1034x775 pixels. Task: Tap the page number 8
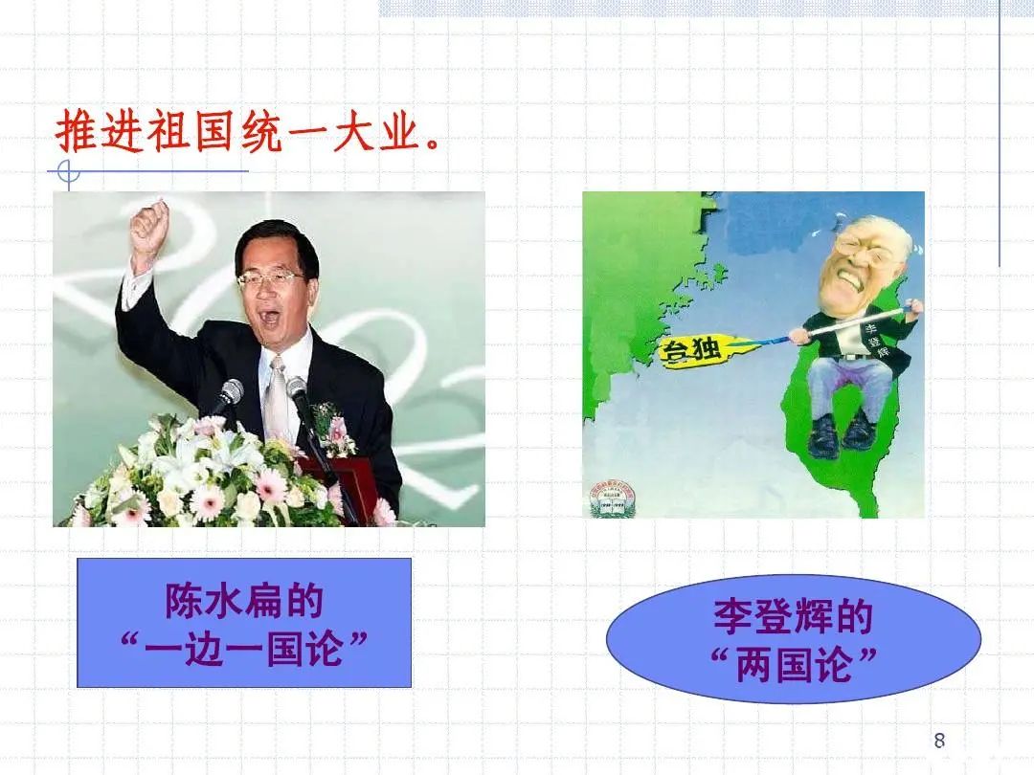pyautogui.click(x=939, y=740)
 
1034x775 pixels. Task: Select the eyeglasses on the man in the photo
pyautogui.click(x=272, y=278)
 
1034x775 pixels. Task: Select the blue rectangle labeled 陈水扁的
pyautogui.click(x=244, y=623)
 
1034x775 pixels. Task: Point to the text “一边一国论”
pyautogui.click(x=245, y=650)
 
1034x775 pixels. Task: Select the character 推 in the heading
pyautogui.click(x=76, y=134)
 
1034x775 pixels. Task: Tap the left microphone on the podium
pyautogui.click(x=229, y=393)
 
